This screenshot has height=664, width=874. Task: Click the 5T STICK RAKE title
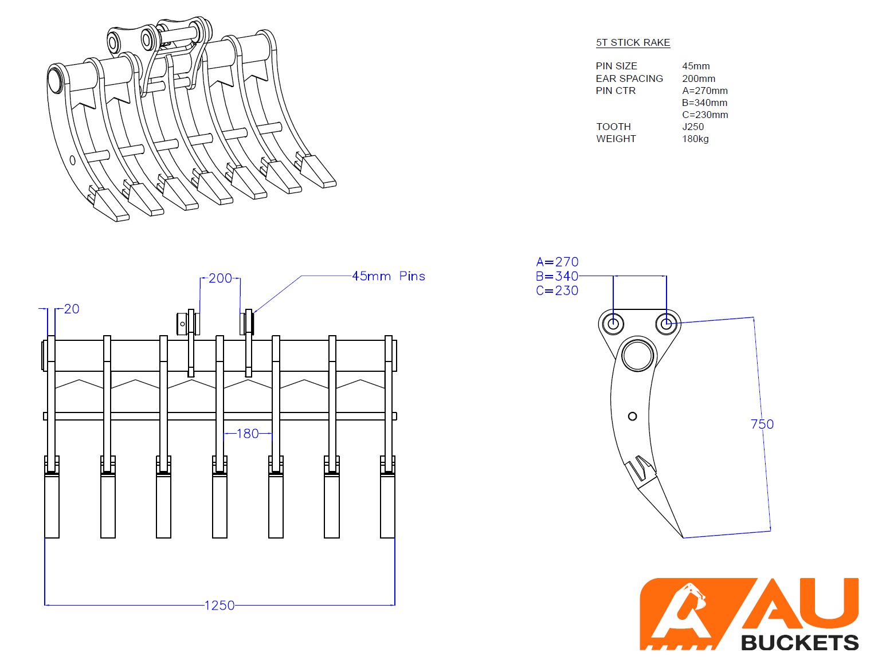pos(633,42)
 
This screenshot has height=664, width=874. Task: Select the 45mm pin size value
pos(696,66)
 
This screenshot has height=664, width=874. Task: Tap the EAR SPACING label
pos(629,78)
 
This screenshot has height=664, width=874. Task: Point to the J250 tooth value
pos(693,127)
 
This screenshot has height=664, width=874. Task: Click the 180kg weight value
pos(695,139)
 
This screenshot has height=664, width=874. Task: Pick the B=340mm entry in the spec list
pos(704,103)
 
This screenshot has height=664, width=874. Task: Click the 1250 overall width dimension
pos(220,605)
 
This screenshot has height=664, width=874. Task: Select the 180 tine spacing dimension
pos(248,433)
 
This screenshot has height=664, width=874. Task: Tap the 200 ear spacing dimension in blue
pos(220,278)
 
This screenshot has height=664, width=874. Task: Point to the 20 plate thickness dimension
pos(72,309)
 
